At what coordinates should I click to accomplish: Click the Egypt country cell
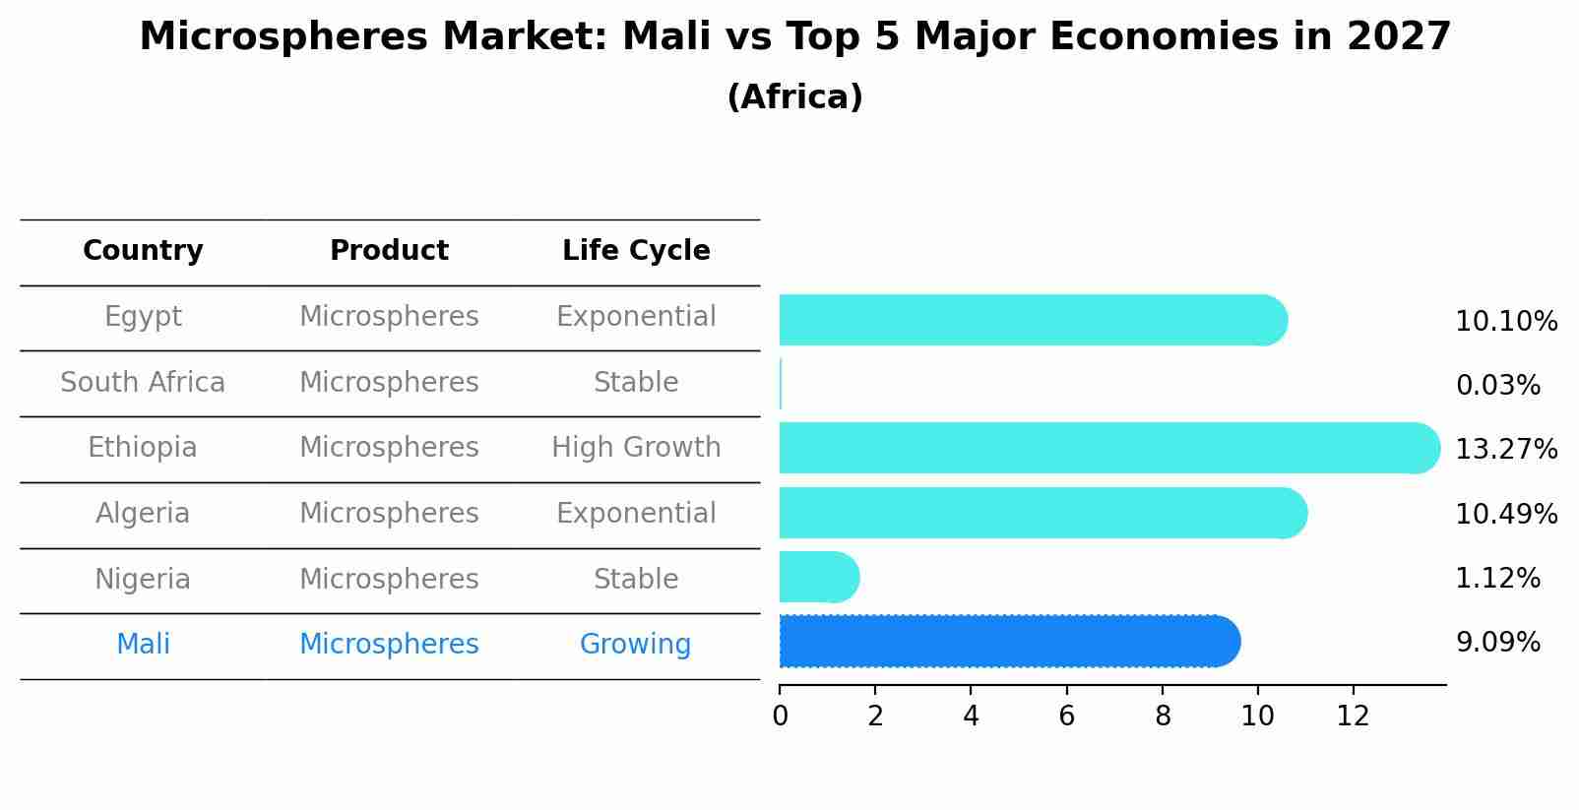(143, 317)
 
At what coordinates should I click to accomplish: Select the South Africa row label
(143, 383)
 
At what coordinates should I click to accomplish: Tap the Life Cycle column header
(636, 251)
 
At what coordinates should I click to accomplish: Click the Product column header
(389, 251)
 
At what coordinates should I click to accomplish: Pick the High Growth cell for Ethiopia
(636, 448)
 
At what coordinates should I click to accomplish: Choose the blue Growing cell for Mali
(635, 645)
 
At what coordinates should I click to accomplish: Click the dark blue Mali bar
(1004, 642)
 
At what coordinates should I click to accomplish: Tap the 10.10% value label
(1506, 322)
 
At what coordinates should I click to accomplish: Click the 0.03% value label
(1497, 386)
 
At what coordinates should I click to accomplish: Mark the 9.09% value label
(1497, 643)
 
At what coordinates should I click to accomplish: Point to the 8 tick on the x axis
(1163, 717)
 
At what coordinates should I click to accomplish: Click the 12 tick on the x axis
(1354, 717)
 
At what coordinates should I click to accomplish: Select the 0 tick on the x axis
(780, 717)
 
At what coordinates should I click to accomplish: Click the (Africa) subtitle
(794, 97)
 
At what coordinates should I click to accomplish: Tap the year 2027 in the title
(1399, 37)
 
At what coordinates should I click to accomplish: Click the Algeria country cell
(143, 514)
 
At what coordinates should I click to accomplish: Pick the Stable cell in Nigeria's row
(636, 580)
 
